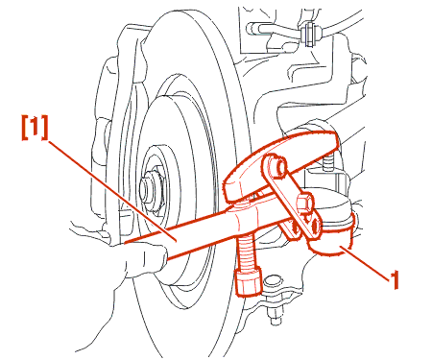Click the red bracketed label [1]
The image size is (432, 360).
click(35, 128)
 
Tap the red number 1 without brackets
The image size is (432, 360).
click(395, 279)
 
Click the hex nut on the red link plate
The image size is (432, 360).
click(304, 203)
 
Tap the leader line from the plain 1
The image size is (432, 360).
click(366, 260)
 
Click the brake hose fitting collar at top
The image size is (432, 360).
click(309, 33)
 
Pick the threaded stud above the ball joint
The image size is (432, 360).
click(327, 162)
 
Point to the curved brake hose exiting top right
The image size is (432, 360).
click(344, 22)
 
